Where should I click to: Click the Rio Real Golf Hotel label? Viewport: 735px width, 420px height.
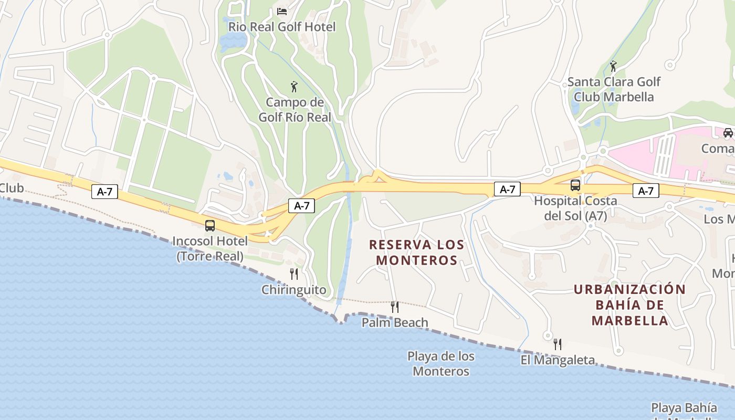pos(282,26)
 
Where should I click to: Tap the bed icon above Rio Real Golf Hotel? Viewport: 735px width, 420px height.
pos(282,11)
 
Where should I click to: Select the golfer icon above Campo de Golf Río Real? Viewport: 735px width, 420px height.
pos(294,87)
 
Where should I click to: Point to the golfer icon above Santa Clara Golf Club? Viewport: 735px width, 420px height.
pos(613,67)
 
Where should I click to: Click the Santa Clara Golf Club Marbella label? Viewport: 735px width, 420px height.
pos(613,89)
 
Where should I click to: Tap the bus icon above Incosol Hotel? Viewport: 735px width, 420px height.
pos(210,226)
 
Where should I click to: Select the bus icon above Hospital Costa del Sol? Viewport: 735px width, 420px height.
pos(575,185)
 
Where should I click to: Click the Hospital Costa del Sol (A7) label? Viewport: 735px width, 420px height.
pos(575,208)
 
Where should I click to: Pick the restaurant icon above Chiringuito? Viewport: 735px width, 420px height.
pos(294,274)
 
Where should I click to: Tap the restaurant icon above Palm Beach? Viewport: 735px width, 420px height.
pos(395,307)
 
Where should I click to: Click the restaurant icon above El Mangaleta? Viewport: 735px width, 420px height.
pos(558,344)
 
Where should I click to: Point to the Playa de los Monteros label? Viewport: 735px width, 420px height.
pos(441,363)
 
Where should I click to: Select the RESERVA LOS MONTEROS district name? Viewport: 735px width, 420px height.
pos(417,252)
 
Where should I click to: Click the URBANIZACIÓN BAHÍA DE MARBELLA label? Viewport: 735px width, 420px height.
pos(629,304)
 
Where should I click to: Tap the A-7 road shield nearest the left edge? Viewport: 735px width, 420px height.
pos(104,192)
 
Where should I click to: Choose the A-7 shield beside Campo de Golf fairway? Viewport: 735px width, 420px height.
pos(301,206)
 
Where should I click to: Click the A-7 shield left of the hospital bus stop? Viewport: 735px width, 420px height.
pos(507,190)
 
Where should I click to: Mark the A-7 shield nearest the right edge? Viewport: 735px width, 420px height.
pos(645,191)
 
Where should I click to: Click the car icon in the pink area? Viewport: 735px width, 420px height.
pos(728,133)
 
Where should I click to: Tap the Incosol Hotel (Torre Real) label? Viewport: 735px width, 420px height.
pos(210,248)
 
